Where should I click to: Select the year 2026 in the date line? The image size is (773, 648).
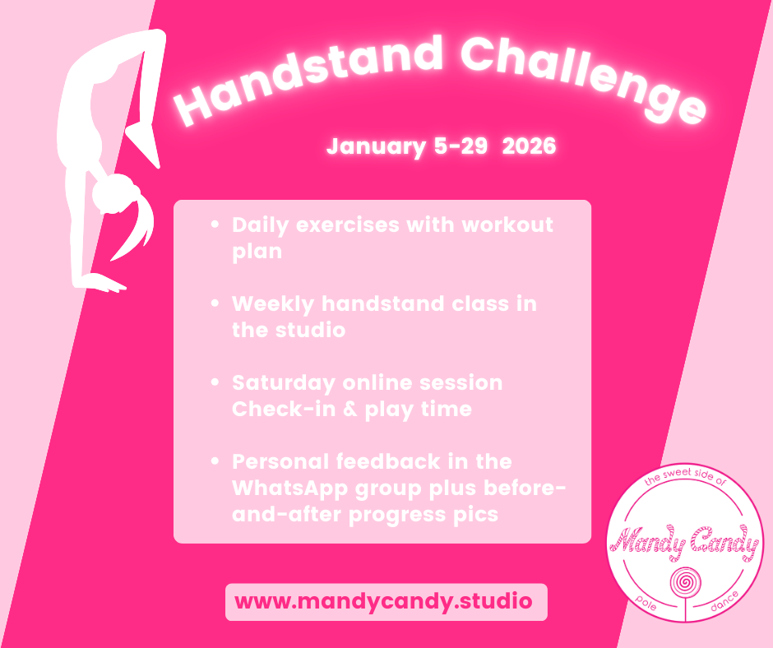[529, 147]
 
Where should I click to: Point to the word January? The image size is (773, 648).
[374, 147]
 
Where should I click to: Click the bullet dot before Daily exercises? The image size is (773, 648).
[215, 225]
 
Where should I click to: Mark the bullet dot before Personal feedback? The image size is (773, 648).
[215, 463]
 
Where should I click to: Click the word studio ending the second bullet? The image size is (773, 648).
[313, 331]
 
